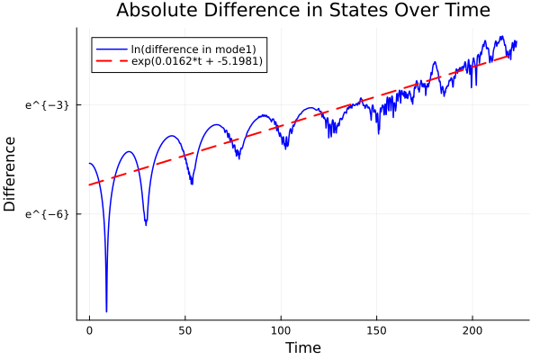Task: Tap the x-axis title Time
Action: (x=302, y=347)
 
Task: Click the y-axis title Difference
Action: (x=11, y=174)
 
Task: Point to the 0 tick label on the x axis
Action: (x=89, y=331)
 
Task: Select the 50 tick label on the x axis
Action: (x=185, y=331)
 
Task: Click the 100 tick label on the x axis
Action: (x=281, y=331)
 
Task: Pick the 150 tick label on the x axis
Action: (x=377, y=331)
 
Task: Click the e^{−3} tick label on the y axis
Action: (x=47, y=105)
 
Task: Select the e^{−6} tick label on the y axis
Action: (x=47, y=214)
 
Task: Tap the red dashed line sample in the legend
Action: (x=112, y=61)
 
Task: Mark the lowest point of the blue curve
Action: (x=106, y=311)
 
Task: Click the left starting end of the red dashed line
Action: (x=89, y=185)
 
